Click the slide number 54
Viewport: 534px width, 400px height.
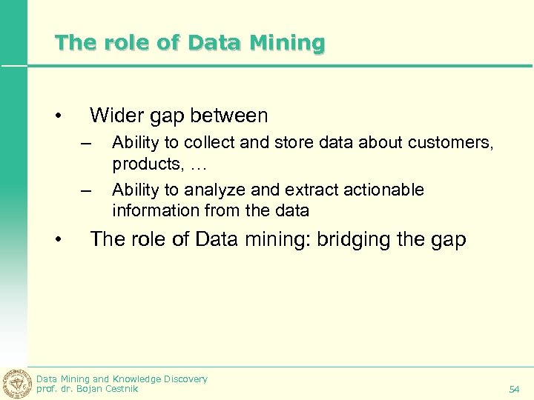coord(514,389)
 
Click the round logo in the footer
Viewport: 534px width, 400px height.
coord(17,383)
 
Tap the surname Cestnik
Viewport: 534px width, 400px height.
coord(122,388)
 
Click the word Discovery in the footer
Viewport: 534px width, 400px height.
coord(182,379)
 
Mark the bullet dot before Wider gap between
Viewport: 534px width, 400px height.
coord(58,116)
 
